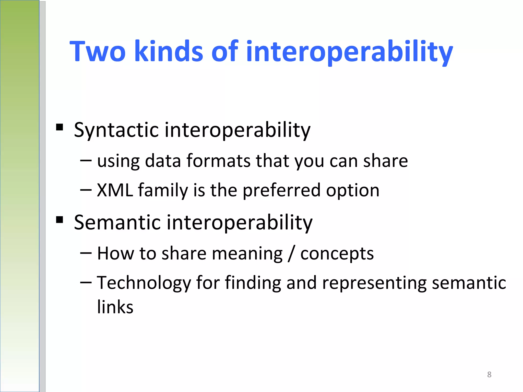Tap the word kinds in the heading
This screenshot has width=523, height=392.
(x=169, y=52)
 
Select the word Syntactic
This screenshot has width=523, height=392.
(x=116, y=130)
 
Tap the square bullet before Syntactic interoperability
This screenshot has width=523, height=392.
(x=60, y=127)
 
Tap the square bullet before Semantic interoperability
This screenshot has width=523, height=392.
(x=60, y=219)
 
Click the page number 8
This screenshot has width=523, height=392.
(x=489, y=374)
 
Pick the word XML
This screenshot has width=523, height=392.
(x=115, y=190)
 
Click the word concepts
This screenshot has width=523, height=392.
(x=337, y=254)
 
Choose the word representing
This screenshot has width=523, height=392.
(x=374, y=283)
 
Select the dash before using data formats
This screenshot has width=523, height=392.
(x=86, y=161)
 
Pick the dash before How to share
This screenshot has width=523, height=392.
(x=86, y=253)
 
